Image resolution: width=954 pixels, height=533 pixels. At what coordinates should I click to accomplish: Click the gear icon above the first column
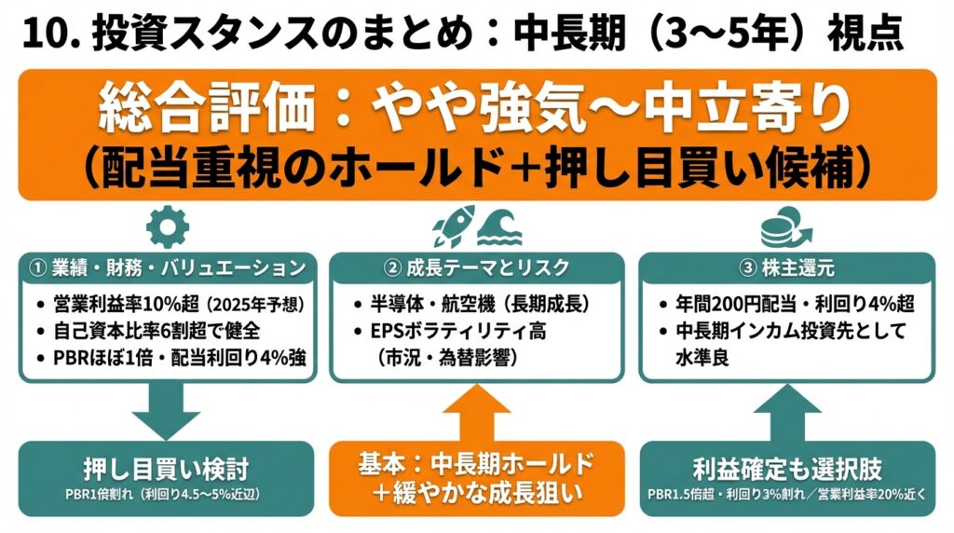169,225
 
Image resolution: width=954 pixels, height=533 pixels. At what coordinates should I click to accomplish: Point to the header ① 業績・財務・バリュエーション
168,268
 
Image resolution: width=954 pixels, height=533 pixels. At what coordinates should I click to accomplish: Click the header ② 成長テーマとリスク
477,268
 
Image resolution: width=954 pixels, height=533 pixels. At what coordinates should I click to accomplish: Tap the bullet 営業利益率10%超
171,305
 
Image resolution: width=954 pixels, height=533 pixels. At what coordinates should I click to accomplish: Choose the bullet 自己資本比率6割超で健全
149,329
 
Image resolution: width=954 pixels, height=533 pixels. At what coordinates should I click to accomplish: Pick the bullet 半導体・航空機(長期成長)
475,305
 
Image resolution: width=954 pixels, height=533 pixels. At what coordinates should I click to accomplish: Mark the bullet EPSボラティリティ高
457,329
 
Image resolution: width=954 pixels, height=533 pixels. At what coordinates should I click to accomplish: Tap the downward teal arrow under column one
168,410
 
